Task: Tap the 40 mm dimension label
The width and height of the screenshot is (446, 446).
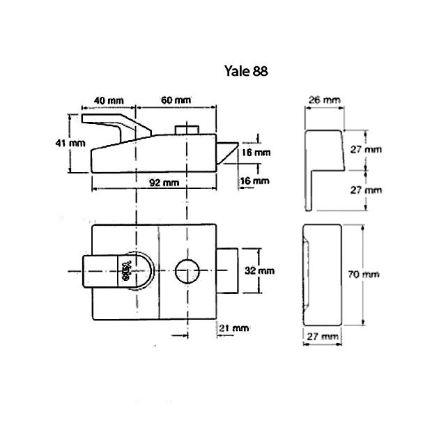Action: [105, 100]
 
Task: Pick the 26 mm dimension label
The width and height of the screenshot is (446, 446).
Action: [325, 100]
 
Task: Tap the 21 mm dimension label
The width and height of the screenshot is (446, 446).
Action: [234, 327]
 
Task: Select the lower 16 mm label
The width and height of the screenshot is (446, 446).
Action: [256, 180]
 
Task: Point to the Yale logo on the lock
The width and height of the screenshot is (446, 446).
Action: [127, 270]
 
